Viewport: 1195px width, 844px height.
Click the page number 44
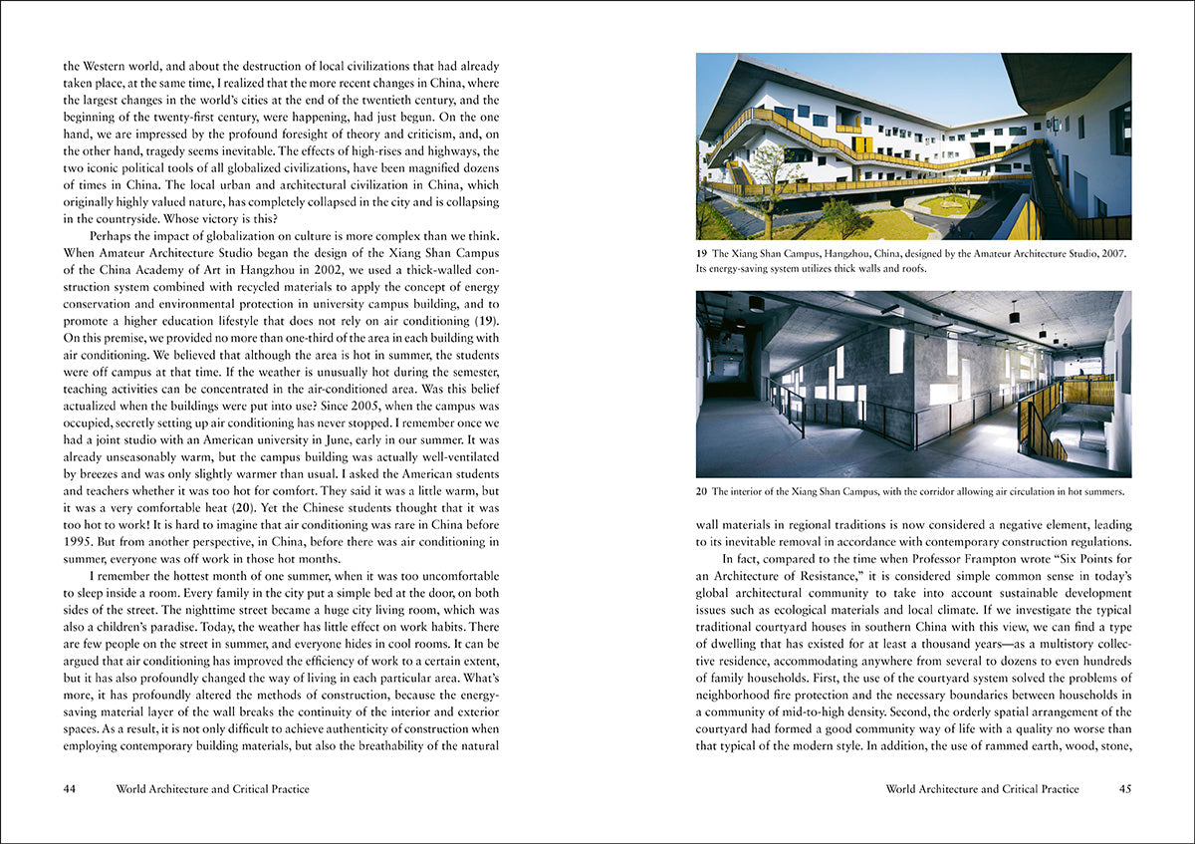pyautogui.click(x=70, y=789)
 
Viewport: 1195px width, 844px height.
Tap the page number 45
pyautogui.click(x=1125, y=789)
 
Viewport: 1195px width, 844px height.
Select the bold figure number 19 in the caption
pyautogui.click(x=702, y=254)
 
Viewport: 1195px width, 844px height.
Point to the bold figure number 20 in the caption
pyautogui.click(x=702, y=491)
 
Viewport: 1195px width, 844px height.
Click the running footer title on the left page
pyautogui.click(x=212, y=789)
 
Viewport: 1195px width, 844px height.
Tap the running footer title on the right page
pyautogui.click(x=982, y=789)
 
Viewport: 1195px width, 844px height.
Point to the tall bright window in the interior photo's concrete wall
pyautogui.click(x=896, y=351)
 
